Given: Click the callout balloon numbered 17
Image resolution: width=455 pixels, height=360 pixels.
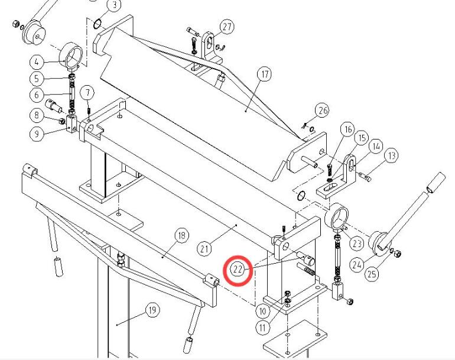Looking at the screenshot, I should point(264,74).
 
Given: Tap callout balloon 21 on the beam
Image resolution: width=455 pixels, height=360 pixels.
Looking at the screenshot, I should point(204,249).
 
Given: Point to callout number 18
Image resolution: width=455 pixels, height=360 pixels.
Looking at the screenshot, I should point(181,236).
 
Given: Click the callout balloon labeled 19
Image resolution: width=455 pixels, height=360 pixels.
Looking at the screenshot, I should point(152,310).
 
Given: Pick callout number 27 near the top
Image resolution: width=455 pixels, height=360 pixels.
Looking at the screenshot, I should point(227,27).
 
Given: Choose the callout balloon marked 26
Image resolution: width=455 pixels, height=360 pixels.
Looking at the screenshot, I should point(322,110).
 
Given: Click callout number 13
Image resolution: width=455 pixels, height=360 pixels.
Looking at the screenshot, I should point(391,155).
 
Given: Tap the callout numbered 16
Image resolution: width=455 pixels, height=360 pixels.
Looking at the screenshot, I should point(347,129).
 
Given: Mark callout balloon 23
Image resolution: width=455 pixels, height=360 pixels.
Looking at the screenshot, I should point(356,242).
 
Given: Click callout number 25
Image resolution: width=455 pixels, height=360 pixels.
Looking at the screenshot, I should point(372,274).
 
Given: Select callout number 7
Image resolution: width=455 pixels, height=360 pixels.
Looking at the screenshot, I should point(87,92).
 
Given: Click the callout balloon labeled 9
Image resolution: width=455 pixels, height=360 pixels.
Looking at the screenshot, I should point(36,134).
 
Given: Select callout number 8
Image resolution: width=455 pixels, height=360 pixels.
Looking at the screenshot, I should point(36,115).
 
